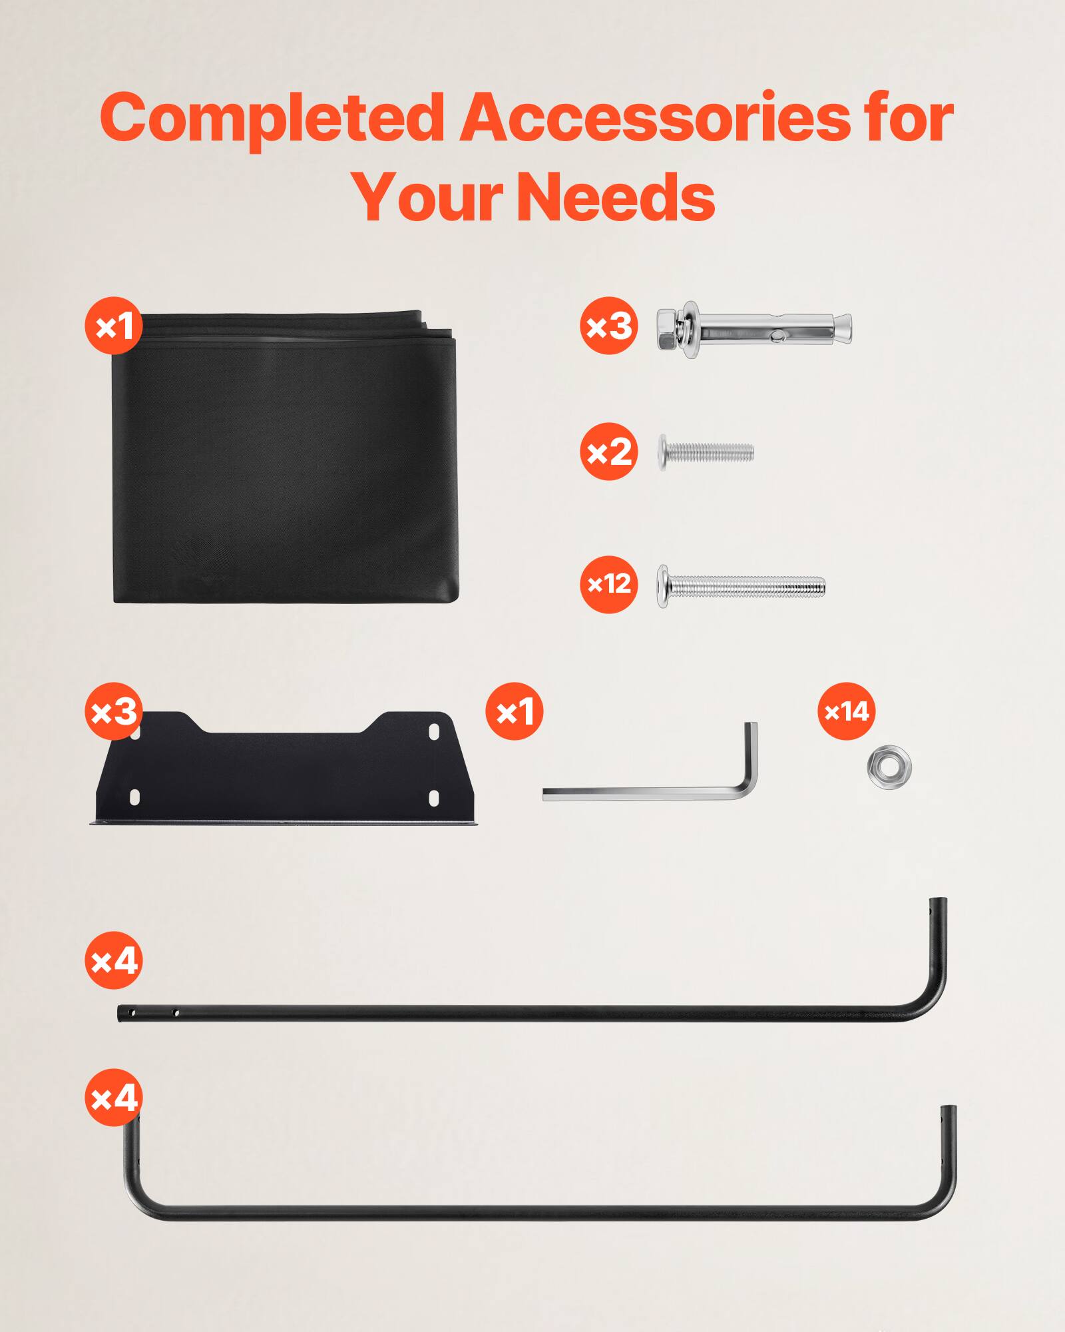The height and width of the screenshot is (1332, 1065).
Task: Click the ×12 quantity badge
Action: pyautogui.click(x=608, y=584)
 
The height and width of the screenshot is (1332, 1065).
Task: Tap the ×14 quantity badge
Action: pyautogui.click(x=846, y=711)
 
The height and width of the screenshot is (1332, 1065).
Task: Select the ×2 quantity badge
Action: pyautogui.click(x=608, y=452)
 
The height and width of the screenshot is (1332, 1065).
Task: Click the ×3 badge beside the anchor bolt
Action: pyautogui.click(x=608, y=326)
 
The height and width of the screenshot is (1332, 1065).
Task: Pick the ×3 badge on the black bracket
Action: pyautogui.click(x=114, y=711)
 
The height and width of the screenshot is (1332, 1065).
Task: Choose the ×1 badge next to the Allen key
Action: pyautogui.click(x=515, y=711)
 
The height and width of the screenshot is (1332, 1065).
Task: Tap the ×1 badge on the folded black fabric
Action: pyautogui.click(x=114, y=326)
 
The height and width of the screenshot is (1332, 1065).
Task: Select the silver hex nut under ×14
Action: pyautogui.click(x=889, y=767)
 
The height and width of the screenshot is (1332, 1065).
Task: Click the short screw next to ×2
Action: pyautogui.click(x=707, y=453)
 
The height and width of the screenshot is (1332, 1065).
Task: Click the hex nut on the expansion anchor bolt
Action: pyautogui.click(x=668, y=330)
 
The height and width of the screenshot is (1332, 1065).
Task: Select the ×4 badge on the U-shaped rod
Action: pyautogui.click(x=114, y=1098)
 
